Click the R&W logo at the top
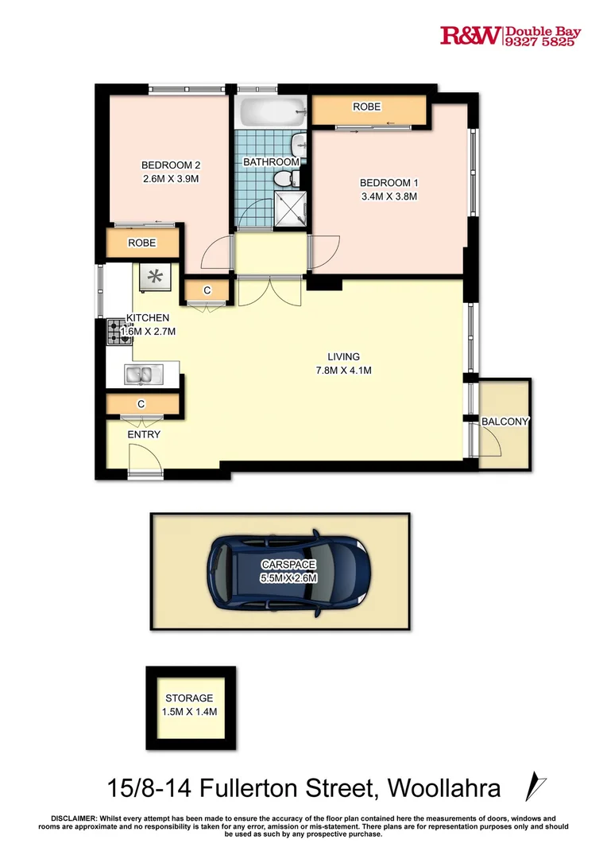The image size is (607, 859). (x=470, y=36)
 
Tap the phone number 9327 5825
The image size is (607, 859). (x=542, y=43)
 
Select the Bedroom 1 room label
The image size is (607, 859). (x=389, y=183)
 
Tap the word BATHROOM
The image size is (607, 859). (x=271, y=162)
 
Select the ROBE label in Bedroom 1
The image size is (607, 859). (x=367, y=107)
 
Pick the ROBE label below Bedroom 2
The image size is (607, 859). (x=142, y=243)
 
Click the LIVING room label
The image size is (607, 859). (x=343, y=356)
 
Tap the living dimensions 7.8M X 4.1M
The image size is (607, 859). (x=343, y=370)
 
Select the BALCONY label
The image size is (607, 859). (x=505, y=422)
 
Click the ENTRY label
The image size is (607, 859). (x=144, y=434)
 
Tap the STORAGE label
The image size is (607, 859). (x=189, y=698)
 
